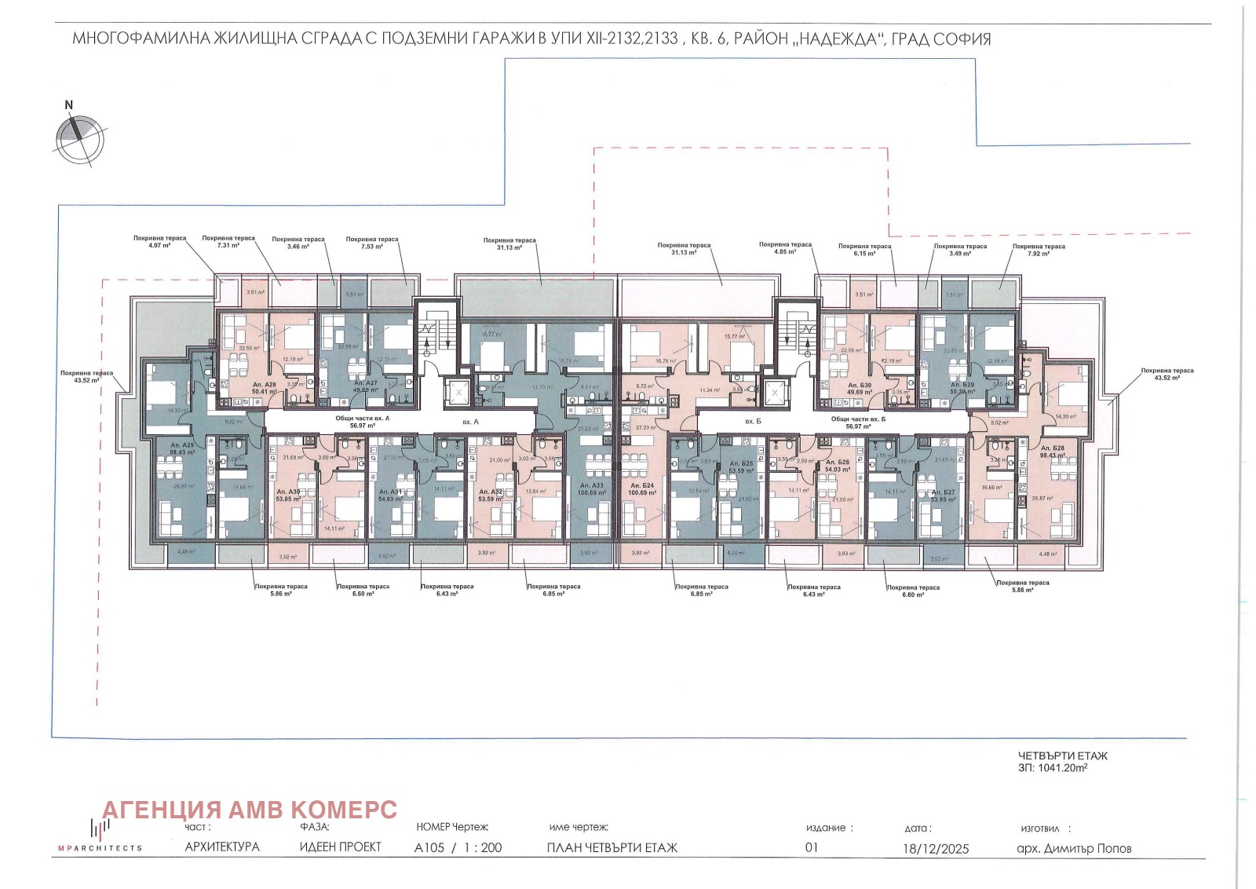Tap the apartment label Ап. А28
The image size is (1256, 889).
264,383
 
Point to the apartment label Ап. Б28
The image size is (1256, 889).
1053,448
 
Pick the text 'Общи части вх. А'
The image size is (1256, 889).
362,419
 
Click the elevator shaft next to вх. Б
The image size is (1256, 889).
776,391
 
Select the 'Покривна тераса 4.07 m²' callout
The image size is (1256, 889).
159,242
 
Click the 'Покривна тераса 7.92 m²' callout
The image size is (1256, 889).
1039,250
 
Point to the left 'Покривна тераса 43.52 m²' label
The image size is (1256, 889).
86,376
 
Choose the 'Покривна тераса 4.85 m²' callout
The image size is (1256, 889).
785,248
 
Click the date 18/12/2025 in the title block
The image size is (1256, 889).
936,848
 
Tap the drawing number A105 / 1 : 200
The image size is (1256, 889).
458,847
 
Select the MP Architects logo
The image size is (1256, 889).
99,836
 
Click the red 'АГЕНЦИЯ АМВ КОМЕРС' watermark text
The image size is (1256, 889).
250,810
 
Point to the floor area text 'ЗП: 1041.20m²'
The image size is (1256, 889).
1052,768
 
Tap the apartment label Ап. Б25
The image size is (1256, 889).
741,467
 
